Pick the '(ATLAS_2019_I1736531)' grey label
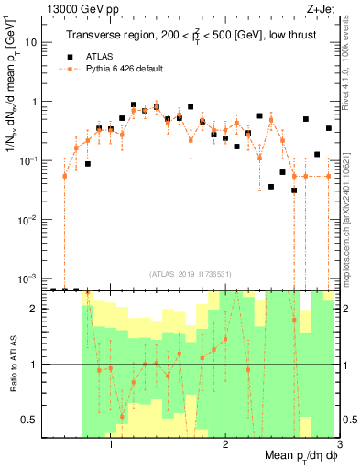tap(190, 272)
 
